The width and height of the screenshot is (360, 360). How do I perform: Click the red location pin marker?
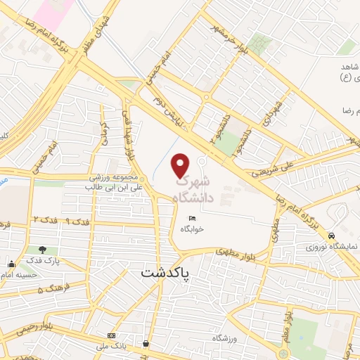181,165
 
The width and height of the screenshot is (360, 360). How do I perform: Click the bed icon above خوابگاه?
192,219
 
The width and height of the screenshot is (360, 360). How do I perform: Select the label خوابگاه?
191,229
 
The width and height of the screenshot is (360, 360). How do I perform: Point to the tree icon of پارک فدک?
44,249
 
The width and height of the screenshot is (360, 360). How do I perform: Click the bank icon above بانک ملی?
110,335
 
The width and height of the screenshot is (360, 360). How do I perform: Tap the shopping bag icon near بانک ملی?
146,344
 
